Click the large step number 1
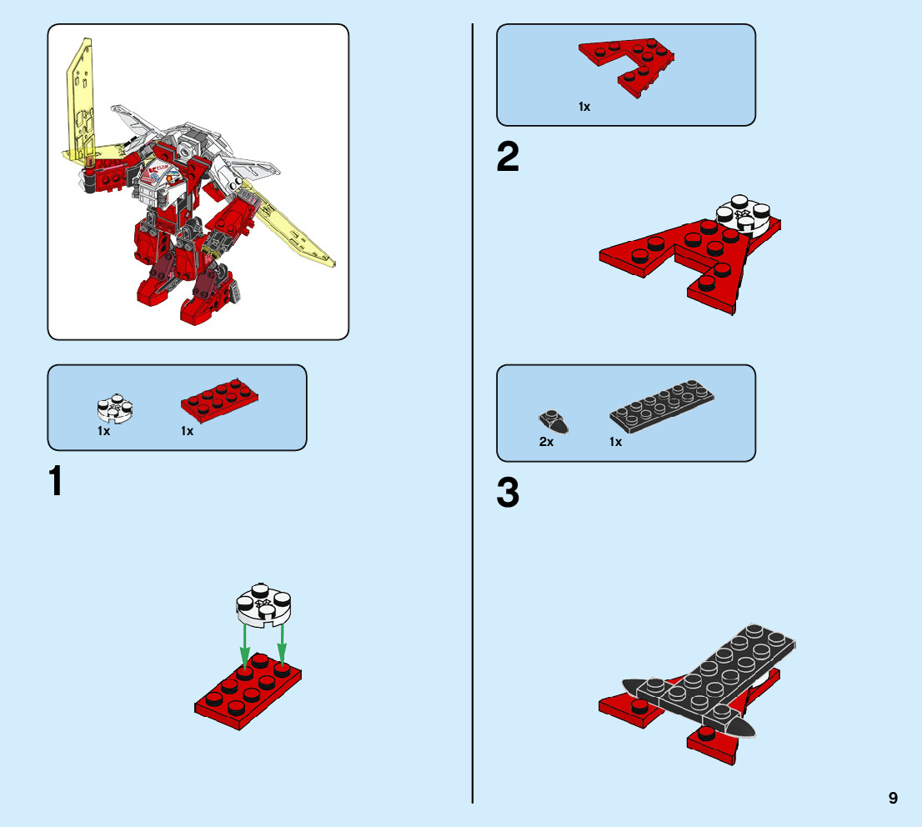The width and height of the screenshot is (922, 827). [x=55, y=481]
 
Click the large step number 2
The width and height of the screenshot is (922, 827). [x=508, y=157]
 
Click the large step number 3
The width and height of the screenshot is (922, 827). [x=508, y=493]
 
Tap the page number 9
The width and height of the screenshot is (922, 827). [x=893, y=798]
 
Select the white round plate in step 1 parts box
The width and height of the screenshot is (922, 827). [x=115, y=408]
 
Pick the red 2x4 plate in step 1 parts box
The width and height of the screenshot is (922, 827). [x=219, y=400]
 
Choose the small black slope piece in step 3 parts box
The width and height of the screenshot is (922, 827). [x=554, y=421]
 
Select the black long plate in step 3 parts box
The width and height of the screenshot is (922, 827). [x=662, y=406]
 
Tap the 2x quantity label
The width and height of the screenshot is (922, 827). [x=546, y=442]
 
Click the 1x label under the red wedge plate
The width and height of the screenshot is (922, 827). [x=584, y=107]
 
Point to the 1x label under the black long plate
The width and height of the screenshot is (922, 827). [x=616, y=442]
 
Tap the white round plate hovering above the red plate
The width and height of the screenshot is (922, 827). [x=263, y=604]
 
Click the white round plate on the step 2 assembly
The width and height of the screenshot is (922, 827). [x=743, y=215]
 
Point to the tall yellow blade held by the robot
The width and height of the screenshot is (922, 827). [x=80, y=100]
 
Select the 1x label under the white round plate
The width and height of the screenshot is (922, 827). [x=103, y=431]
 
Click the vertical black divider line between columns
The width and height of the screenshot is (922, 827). [x=472, y=413]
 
